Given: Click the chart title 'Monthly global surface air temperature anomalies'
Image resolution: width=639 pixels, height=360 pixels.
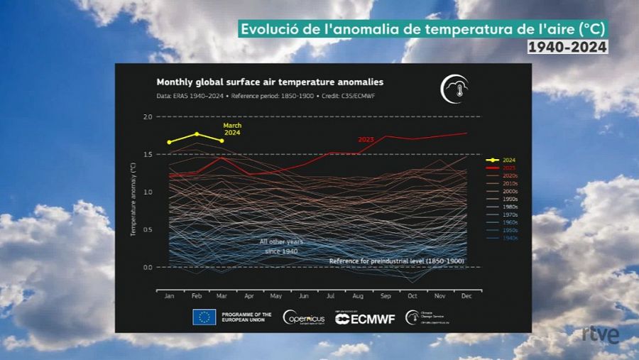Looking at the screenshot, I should click(270, 82).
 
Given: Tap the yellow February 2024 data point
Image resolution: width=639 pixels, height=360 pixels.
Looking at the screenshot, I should click(197, 133).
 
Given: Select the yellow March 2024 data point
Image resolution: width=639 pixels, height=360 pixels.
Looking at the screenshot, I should click(222, 141).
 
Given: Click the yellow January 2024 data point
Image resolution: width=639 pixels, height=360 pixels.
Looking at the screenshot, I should click(169, 142).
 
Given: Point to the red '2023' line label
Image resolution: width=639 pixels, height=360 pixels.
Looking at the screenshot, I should click(366, 140).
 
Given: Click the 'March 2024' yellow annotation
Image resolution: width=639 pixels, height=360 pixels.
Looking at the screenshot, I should click(233, 129).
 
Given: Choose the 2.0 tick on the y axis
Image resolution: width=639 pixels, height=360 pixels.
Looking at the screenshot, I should click(148, 116).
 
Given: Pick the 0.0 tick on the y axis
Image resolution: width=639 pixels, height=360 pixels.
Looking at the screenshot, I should click(148, 267).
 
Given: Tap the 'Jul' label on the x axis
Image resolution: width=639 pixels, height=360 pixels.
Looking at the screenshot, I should click(331, 296).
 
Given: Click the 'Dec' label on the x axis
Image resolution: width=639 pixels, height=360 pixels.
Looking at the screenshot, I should click(466, 296).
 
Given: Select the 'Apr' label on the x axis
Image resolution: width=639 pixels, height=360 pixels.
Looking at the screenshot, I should click(249, 296).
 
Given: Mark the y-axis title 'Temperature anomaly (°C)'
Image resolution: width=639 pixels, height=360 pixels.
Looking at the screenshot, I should click(133, 199).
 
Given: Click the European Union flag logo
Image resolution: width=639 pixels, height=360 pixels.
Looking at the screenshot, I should click(204, 317).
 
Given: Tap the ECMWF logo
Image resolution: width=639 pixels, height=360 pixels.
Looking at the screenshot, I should click(365, 319).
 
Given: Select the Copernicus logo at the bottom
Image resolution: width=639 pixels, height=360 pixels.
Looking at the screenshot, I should click(304, 318).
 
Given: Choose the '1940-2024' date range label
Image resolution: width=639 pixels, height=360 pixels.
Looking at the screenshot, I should click(567, 47).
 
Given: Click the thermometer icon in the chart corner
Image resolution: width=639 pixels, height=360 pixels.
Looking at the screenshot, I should click(454, 88).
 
